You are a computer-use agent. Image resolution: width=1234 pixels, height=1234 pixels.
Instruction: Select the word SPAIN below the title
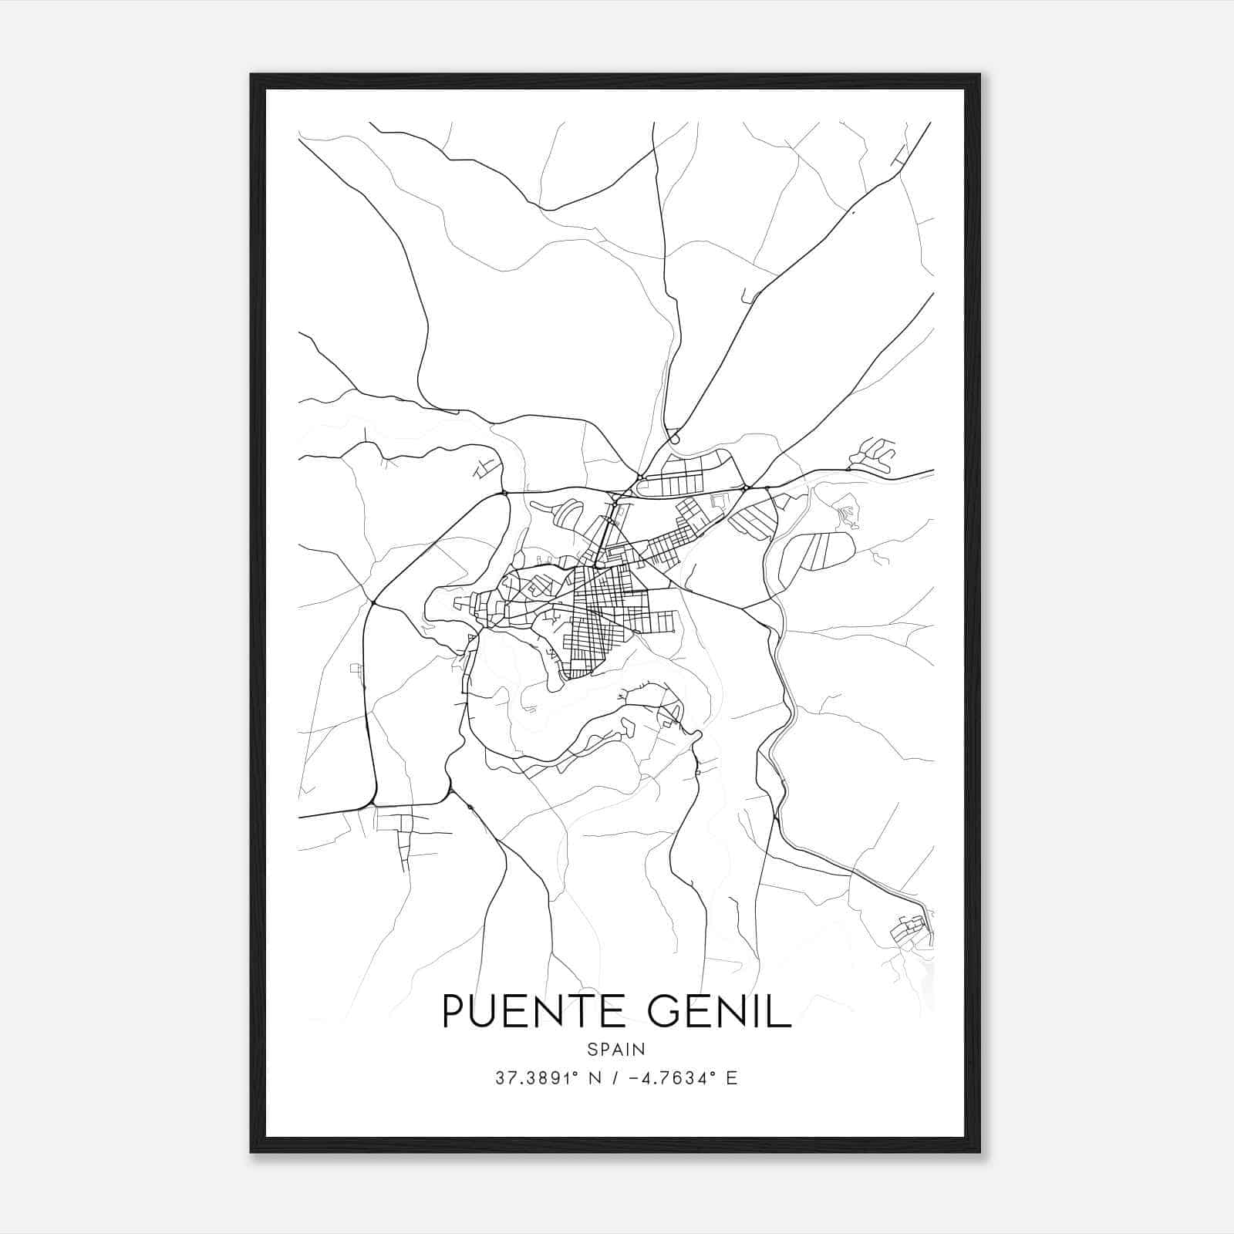pyautogui.click(x=616, y=1050)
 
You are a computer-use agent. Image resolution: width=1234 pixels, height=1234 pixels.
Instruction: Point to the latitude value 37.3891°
pyautogui.click(x=537, y=1078)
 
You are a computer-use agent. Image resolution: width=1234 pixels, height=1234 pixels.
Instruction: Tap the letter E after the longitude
pyautogui.click(x=732, y=1078)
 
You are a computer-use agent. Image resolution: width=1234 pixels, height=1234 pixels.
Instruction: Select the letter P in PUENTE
pyautogui.click(x=453, y=1011)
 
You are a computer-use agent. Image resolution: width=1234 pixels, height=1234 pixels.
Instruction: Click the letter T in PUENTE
pyautogui.click(x=582, y=1011)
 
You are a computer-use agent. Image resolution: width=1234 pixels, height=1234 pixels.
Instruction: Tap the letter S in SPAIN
pyautogui.click(x=591, y=1050)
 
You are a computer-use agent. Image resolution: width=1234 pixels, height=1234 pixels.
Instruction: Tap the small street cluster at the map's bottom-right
pyautogui.click(x=910, y=932)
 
